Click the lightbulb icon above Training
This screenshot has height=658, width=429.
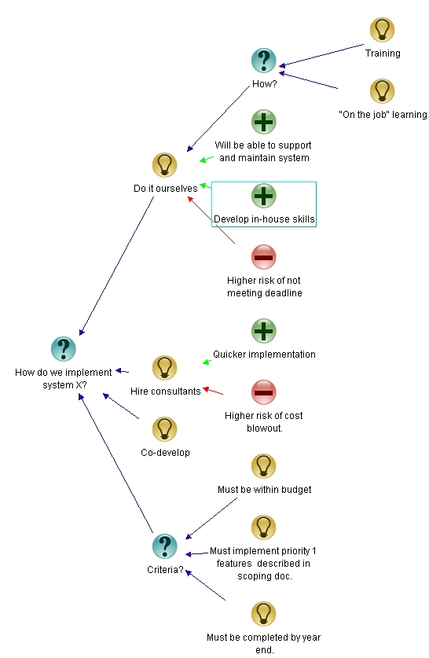[x=382, y=30]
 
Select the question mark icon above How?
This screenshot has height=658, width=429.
[x=263, y=60]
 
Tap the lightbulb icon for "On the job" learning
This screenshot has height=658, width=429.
[x=382, y=90]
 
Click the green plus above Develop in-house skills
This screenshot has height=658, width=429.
[x=263, y=195]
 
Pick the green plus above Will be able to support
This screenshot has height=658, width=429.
[x=263, y=122]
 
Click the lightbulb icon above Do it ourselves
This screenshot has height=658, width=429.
[x=164, y=164]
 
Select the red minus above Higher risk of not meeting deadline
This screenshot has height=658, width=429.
[x=263, y=256]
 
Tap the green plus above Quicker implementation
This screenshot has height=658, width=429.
[x=263, y=330]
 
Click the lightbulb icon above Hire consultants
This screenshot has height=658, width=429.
[x=164, y=367]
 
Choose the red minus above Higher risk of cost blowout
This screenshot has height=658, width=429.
[x=263, y=391]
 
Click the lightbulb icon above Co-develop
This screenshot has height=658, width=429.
[x=164, y=428]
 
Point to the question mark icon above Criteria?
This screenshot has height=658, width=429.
[x=164, y=546]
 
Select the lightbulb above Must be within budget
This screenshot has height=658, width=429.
[x=263, y=465]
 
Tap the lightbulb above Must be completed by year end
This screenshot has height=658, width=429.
[x=263, y=613]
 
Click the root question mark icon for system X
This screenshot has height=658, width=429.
[x=63, y=349]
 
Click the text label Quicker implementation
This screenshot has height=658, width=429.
[x=264, y=355]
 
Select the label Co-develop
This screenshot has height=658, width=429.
[x=165, y=453]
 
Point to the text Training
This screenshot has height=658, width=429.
[x=382, y=53]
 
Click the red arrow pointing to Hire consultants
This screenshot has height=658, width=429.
[x=214, y=391]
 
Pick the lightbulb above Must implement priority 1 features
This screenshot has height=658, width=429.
[x=263, y=527]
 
